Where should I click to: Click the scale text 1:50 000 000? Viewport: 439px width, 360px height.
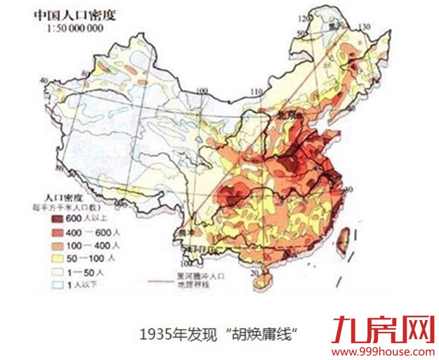tap(74, 27)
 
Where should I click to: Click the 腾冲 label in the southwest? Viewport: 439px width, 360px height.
tap(185, 232)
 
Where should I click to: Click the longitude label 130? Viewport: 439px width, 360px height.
tap(365, 27)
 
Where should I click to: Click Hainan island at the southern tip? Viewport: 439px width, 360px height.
tap(265, 280)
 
